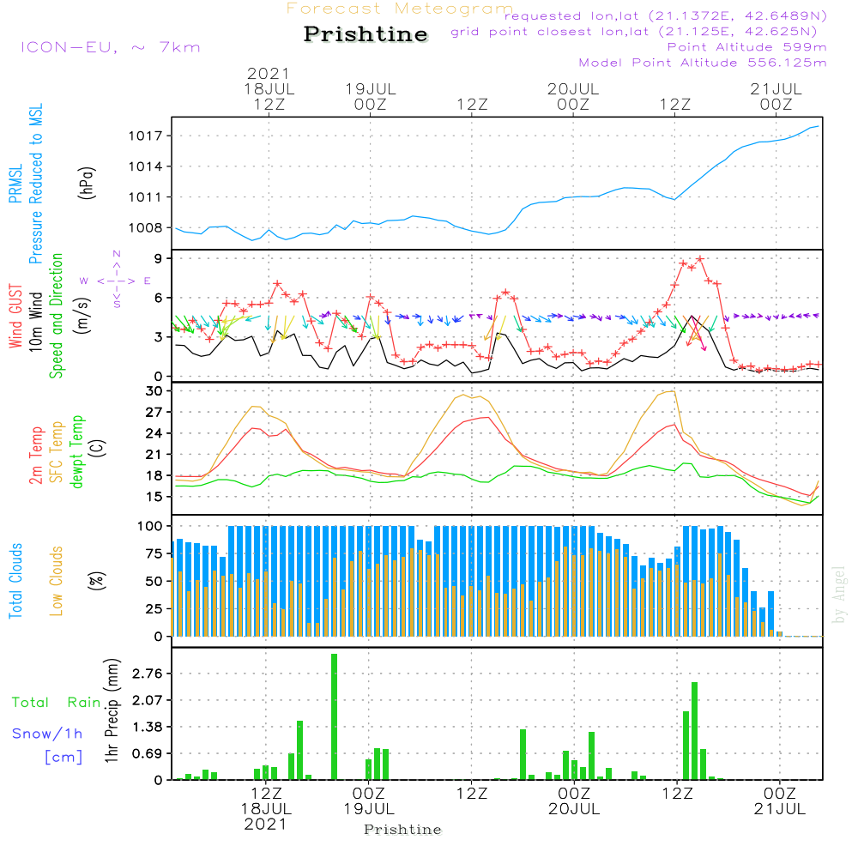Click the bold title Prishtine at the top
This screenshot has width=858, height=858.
pos(366,35)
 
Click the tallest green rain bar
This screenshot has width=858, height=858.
pos(334,716)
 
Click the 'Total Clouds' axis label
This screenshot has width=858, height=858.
pos(16,581)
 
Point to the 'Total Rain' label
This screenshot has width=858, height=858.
pos(57,703)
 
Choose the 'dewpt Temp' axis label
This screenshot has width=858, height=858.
pos(76,452)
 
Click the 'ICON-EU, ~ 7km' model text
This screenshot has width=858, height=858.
pos(110,46)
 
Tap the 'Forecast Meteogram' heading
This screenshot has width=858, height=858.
pos(400,9)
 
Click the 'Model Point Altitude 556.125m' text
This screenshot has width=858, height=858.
pos(703,63)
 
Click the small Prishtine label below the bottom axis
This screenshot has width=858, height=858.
pos(402,830)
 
